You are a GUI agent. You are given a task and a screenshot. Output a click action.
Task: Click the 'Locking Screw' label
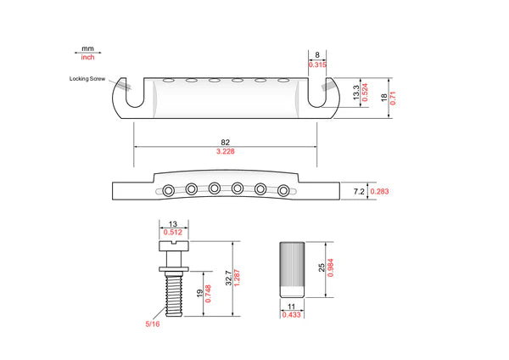coord(87,79)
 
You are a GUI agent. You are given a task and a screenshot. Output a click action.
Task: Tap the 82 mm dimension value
coord(226,143)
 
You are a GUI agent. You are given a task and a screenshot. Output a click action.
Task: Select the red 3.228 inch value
coord(226,151)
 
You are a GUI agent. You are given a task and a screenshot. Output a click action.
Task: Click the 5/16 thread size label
coord(153,324)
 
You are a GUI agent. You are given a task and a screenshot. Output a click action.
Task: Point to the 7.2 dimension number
coord(359,192)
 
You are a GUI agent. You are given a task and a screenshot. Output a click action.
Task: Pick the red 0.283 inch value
coord(379,191)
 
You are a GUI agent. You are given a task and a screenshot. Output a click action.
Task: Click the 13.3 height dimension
coord(356,93)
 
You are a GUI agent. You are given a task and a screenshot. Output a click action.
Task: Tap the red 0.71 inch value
coord(393,98)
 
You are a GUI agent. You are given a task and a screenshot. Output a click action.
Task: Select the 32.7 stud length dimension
coord(229,278)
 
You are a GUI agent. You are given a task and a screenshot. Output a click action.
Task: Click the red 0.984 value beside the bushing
coord(331,267)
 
